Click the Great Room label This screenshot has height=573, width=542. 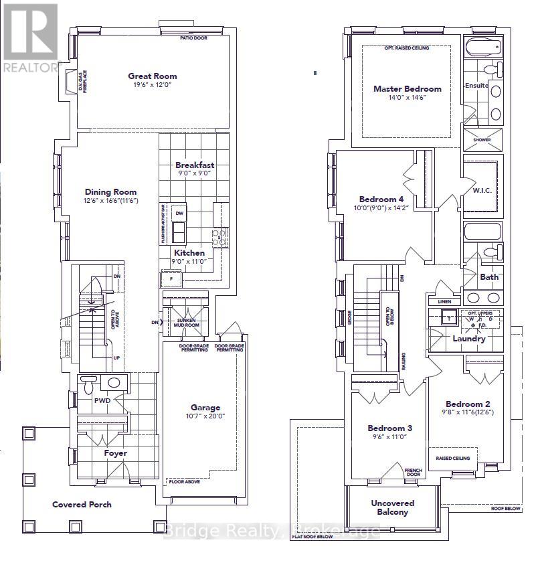point(152,76)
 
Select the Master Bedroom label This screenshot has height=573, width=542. point(408,88)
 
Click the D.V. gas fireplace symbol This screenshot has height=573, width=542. point(69,84)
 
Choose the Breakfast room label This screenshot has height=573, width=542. point(195,165)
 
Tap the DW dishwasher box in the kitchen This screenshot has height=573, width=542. point(179,213)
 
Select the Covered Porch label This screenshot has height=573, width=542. point(82,504)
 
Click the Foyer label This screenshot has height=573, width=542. point(115,453)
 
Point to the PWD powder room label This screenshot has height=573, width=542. point(102,400)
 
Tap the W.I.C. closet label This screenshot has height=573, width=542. point(482,190)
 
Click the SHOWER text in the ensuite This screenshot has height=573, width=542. point(481,141)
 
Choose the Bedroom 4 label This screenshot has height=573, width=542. point(381,199)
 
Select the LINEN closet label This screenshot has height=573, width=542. point(444,302)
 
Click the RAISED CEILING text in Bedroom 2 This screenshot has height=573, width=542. point(453,458)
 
